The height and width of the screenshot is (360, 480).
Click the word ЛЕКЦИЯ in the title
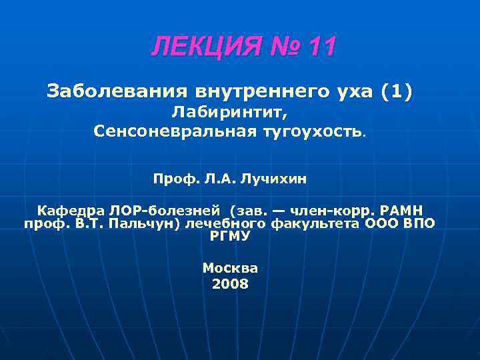[197, 47]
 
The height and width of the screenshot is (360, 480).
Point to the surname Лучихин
[273, 178]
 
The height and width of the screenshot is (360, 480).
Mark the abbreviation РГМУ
[230, 235]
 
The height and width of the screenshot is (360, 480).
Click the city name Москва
[230, 268]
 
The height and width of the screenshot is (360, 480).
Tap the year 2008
[230, 284]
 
